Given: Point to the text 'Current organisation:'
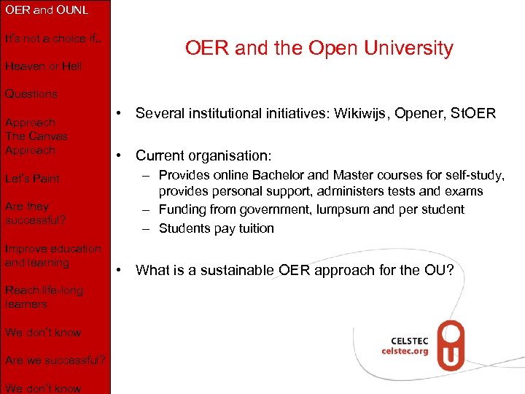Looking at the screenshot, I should click(x=203, y=155).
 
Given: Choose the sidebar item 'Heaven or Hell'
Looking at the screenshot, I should click(x=43, y=66).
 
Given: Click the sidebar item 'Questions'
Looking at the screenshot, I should click(x=31, y=94).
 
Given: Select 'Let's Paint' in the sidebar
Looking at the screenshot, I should click(x=32, y=178).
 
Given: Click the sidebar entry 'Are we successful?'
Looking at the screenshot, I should click(x=55, y=360).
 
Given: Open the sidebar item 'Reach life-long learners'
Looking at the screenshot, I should click(x=43, y=297).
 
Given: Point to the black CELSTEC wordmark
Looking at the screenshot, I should click(x=409, y=339).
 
